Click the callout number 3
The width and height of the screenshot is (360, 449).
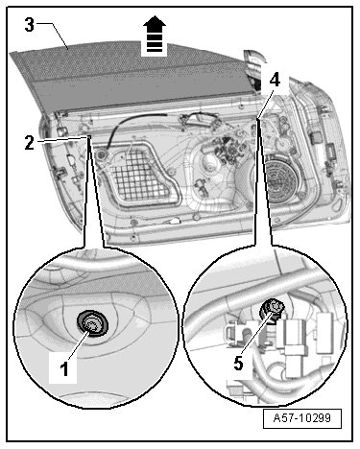29,25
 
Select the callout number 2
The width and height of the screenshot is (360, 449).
29,143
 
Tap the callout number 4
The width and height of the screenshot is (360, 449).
275,80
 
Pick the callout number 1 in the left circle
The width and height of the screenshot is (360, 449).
64,368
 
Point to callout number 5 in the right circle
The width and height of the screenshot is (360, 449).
238,364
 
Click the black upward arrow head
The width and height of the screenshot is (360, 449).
155,24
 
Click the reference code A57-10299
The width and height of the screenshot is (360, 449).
302,418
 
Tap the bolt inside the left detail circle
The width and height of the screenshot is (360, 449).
92,323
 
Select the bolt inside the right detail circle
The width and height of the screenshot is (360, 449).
273,309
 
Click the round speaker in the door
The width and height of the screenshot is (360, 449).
280,176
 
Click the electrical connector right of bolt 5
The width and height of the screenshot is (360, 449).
295,340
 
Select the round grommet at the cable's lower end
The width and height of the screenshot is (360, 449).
103,154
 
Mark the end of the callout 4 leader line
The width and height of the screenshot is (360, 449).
257,119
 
